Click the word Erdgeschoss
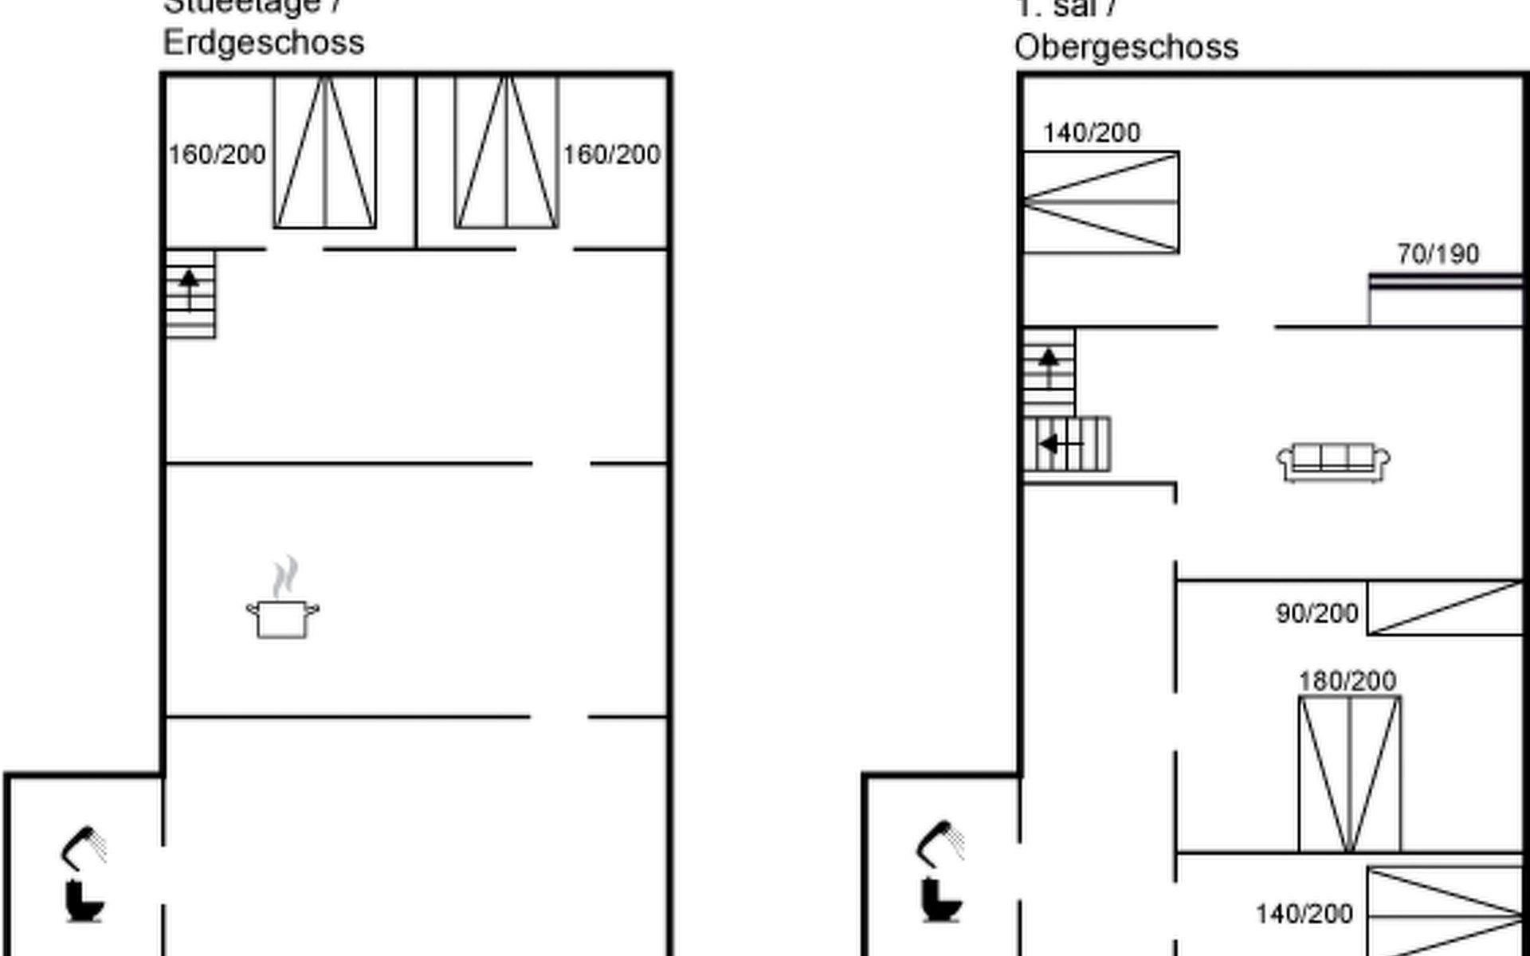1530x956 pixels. pyautogui.click(x=263, y=42)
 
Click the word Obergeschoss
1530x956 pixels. pyautogui.click(x=1126, y=47)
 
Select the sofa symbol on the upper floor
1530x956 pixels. pyautogui.click(x=1333, y=462)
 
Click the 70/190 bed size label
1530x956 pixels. pyautogui.click(x=1438, y=254)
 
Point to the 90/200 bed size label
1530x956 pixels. pyautogui.click(x=1316, y=613)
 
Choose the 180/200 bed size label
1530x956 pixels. pyautogui.click(x=1347, y=681)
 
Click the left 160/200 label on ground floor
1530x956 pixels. pyautogui.click(x=217, y=155)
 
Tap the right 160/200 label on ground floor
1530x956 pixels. pyautogui.click(x=611, y=155)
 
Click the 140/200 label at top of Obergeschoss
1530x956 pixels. pyautogui.click(x=1091, y=132)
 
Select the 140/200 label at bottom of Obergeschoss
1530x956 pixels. pyautogui.click(x=1304, y=914)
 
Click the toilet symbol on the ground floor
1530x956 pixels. pyautogui.click(x=84, y=900)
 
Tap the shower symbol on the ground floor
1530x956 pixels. pyautogui.click(x=84, y=848)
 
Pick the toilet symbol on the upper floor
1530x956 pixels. pyautogui.click(x=941, y=899)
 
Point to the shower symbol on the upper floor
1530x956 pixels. pyautogui.click(x=941, y=843)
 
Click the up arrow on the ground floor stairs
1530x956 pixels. pyautogui.click(x=189, y=288)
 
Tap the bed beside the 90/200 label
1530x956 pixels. pyautogui.click(x=1444, y=609)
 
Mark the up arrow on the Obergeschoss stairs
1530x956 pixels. pyautogui.click(x=1049, y=366)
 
